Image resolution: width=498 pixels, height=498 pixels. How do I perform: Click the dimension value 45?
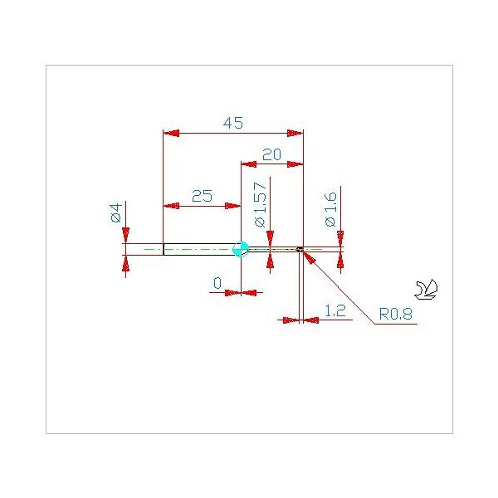coord(233,123)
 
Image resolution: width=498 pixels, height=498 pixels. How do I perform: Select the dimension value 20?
coord(272,154)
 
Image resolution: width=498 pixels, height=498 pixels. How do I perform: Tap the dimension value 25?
coord(202,196)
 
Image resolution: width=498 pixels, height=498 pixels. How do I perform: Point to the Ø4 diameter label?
coord(116,212)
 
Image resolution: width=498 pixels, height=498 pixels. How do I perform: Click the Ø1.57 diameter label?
coord(260,204)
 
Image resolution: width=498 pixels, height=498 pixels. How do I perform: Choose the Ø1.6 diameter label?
coord(330,209)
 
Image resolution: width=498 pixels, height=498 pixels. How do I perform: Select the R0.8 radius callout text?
coord(396,314)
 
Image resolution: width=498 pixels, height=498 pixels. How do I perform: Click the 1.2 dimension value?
coord(335,310)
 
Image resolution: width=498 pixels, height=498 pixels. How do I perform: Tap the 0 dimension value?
coord(217,283)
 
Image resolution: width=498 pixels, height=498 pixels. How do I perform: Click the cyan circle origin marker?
coord(241,249)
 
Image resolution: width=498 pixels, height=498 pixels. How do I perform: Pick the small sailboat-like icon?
coord(426,290)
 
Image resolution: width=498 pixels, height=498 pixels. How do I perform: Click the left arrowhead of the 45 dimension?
coord(171,133)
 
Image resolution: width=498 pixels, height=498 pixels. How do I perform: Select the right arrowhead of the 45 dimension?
coord(295,133)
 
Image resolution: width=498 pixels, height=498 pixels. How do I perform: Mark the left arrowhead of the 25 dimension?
coord(171,206)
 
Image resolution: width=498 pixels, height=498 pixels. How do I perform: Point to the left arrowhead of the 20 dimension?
coord(249,164)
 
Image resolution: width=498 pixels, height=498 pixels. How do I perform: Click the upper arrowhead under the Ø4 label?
coord(126,236)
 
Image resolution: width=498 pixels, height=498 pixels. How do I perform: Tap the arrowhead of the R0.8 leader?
coord(309,256)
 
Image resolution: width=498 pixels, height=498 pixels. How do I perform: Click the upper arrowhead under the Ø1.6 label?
coord(340,239)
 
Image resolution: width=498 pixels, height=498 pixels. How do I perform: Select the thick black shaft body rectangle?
coord(202,249)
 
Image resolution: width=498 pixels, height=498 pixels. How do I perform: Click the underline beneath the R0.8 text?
coord(396,324)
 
